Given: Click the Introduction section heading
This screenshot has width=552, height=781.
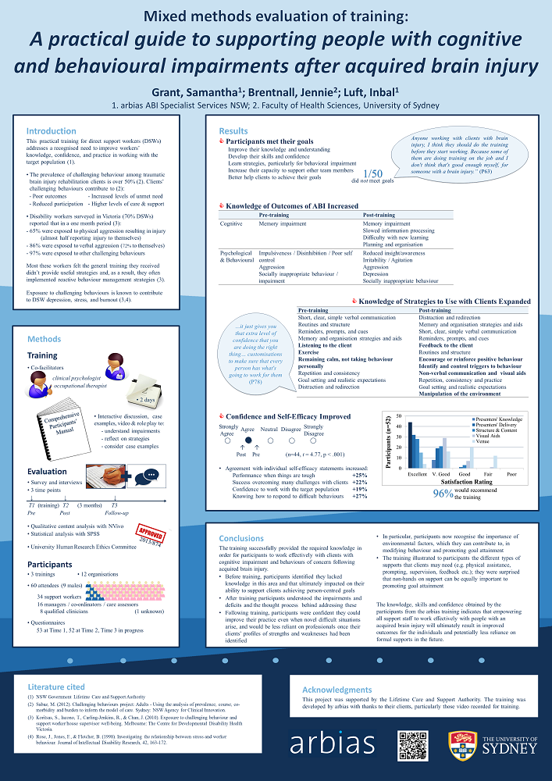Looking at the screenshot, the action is [x=52, y=131].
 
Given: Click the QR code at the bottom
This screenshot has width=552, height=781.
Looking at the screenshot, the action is [x=413, y=746].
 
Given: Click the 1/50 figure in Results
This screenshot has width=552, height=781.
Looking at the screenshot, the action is [x=373, y=173].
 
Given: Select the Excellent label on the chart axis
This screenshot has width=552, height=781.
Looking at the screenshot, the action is [x=417, y=474].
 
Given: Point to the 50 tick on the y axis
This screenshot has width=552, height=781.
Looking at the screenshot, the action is [x=399, y=415].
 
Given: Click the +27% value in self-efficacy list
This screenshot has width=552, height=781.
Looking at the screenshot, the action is [x=359, y=496].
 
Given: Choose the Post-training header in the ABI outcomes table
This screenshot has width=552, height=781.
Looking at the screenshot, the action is [x=383, y=215].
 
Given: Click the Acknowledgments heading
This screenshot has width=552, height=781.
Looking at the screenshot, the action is [x=338, y=690].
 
